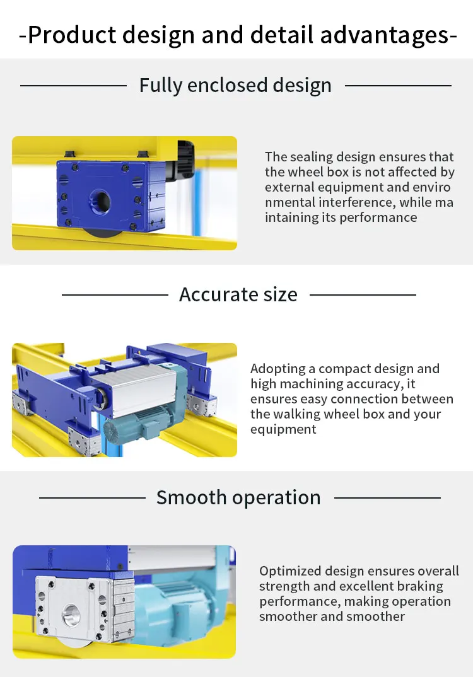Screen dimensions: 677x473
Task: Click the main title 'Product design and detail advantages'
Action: [237, 35]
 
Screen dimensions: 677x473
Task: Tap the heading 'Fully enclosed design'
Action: [235, 85]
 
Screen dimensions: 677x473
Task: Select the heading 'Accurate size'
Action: [238, 294]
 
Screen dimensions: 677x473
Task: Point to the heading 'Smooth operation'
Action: [238, 497]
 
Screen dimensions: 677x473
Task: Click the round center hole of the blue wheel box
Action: [98, 201]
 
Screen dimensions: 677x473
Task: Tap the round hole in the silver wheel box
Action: [71, 615]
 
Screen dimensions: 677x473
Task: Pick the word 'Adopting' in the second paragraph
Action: [276, 369]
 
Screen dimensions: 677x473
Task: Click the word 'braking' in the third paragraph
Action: [419, 586]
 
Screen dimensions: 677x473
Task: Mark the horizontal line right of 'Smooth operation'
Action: [387, 497]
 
